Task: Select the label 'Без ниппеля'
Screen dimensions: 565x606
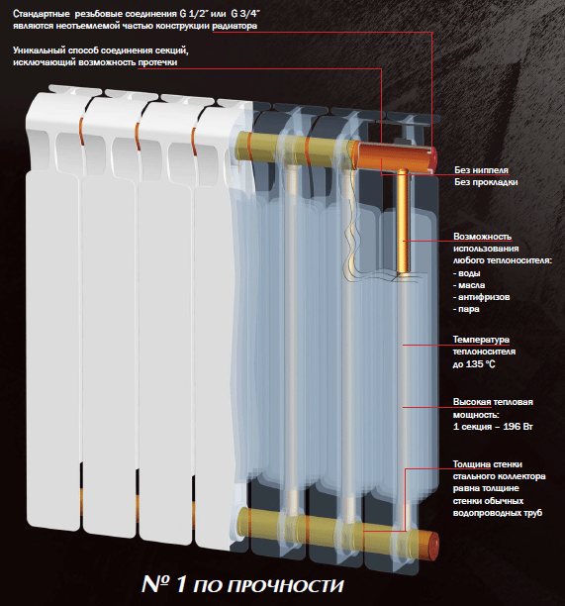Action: [481, 170]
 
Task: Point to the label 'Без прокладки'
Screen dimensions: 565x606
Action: [486, 182]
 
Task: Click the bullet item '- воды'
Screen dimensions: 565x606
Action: [467, 273]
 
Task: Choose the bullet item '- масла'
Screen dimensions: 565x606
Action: [469, 285]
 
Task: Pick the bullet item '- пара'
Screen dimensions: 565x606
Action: [466, 309]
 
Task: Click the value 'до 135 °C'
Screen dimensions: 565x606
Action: [474, 364]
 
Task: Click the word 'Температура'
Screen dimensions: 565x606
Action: [481, 340]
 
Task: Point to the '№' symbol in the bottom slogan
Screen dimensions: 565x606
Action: [156, 584]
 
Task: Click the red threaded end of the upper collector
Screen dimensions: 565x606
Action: [432, 158]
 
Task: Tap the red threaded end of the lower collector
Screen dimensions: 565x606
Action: [433, 545]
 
